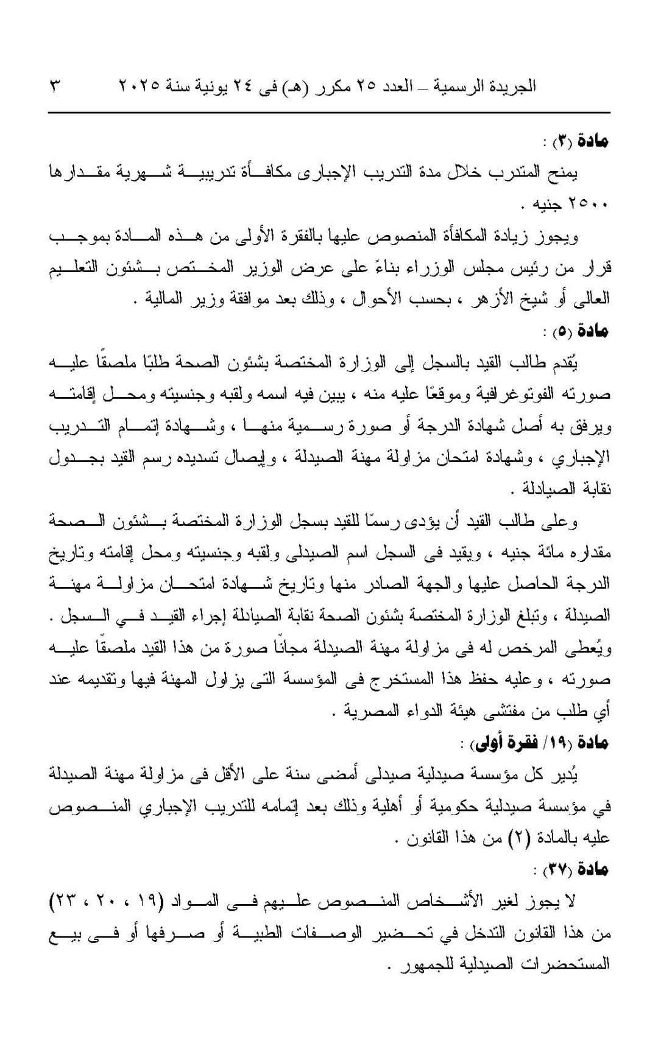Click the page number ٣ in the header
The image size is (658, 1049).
click(x=54, y=86)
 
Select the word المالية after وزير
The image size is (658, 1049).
click(x=165, y=299)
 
